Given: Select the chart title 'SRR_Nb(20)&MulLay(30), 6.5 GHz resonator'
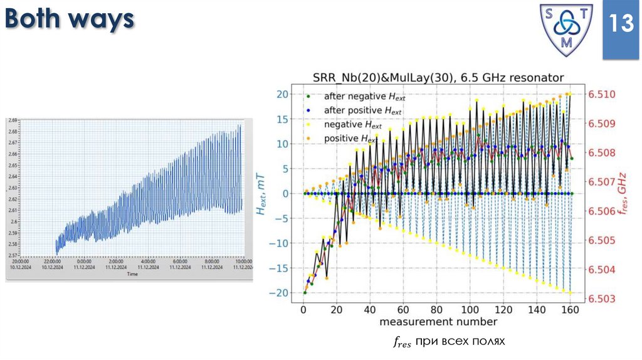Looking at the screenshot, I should [438, 78].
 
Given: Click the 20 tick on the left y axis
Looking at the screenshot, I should [282, 95].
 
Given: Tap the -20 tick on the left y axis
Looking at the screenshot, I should [279, 293].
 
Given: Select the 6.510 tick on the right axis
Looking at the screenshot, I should [601, 95].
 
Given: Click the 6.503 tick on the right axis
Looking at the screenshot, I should [601, 299].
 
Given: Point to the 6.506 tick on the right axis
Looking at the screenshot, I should [601, 211].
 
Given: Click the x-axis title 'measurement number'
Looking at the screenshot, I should [438, 322].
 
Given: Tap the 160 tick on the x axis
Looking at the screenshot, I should [569, 310].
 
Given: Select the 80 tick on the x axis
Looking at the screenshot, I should [437, 310].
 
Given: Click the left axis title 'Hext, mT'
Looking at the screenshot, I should [261, 194].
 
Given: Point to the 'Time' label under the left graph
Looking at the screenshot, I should [132, 274].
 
